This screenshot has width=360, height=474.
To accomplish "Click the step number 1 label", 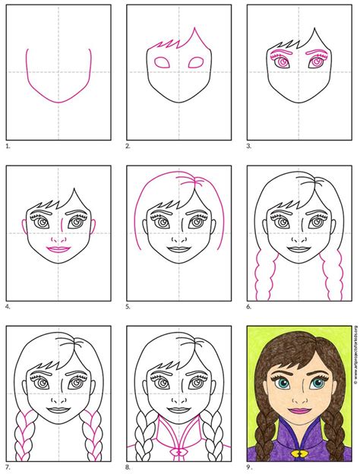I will coord(8,144).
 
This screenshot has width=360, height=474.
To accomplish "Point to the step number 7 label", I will coord(8,466).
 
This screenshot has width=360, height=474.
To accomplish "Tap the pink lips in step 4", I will coord(57,248).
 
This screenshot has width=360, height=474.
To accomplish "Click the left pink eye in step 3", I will coord(282,64).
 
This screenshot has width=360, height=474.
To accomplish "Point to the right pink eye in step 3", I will coord(317,64).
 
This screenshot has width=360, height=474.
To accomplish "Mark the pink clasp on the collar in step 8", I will coord(180,450).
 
